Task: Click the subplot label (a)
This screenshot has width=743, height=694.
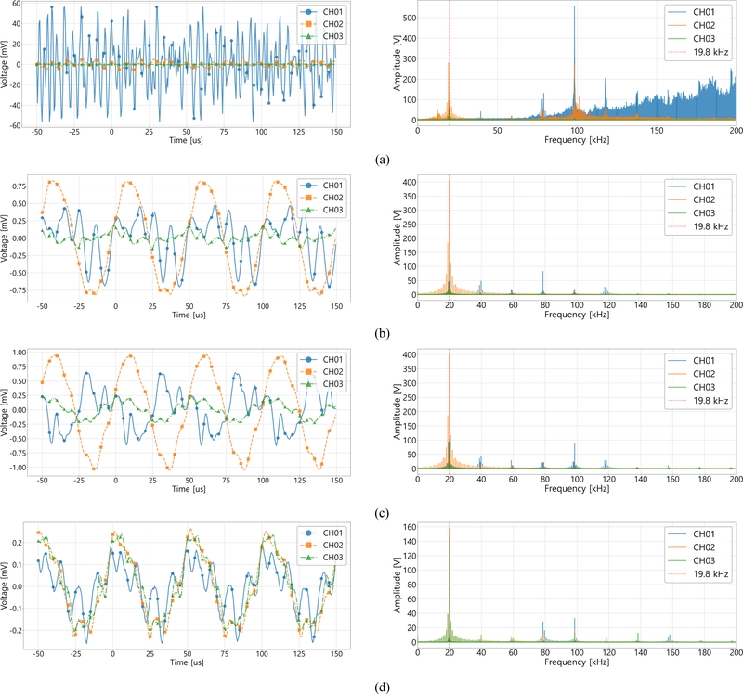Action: (x=381, y=161)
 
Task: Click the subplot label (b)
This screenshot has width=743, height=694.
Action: (x=381, y=332)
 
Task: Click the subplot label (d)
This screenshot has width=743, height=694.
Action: (x=381, y=688)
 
